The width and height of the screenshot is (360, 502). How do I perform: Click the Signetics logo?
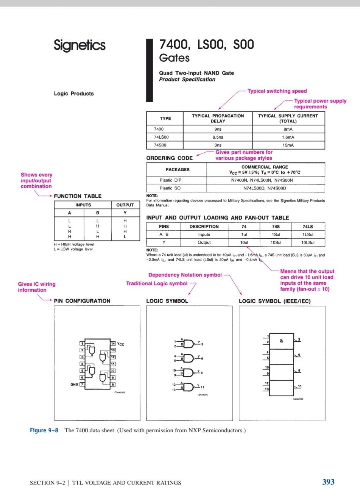tap(79, 45)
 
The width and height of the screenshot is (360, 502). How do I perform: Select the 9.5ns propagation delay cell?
tap(218, 137)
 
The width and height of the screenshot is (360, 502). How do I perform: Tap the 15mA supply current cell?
tap(288, 145)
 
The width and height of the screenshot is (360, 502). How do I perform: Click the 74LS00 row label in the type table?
tap(161, 137)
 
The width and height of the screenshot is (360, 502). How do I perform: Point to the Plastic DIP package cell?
tap(170, 180)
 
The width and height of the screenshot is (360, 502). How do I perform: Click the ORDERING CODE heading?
tap(169, 158)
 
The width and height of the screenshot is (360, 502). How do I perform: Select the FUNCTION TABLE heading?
tap(78, 196)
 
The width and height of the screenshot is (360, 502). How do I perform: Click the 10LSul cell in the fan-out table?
tap(308, 242)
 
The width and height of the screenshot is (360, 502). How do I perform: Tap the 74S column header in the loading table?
tap(276, 227)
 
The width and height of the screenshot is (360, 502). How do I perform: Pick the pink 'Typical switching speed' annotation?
tap(277, 91)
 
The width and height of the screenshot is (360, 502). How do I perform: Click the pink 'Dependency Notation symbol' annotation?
tap(185, 275)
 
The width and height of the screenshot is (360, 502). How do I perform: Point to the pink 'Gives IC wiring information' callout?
tap(37, 287)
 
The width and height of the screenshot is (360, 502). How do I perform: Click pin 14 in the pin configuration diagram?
tap(113, 343)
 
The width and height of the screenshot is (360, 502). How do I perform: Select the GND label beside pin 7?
tap(74, 384)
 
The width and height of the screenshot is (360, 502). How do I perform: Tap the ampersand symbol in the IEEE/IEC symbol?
tap(281, 341)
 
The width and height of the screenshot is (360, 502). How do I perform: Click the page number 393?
tap(328, 482)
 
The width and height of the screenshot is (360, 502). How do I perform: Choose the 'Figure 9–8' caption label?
tap(44, 430)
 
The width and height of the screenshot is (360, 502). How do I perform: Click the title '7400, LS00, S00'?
tap(207, 45)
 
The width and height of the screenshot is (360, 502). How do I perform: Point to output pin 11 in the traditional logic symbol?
tap(202, 387)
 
